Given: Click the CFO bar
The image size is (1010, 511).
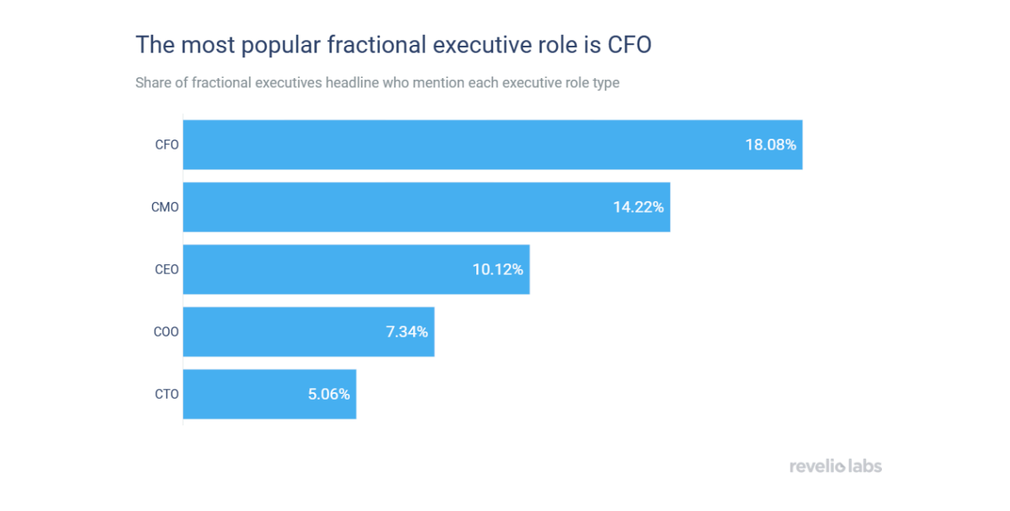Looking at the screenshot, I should click(492, 145).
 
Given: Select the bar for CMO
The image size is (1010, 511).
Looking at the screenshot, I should click(426, 207).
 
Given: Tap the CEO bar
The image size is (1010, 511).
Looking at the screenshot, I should click(356, 269).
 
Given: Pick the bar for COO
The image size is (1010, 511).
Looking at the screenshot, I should click(308, 332).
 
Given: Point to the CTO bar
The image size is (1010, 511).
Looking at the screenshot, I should click(269, 394).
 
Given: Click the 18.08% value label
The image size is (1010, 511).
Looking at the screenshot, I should click(770, 145).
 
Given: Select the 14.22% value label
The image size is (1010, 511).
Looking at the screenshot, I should click(638, 207).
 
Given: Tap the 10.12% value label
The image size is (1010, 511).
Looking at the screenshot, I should click(498, 269).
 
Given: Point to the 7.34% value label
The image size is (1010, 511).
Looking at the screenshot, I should click(406, 332).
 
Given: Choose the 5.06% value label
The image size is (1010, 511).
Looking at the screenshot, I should click(329, 394).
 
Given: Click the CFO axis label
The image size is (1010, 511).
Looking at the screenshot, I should click(166, 145).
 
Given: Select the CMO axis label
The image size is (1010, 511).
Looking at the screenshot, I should click(165, 207).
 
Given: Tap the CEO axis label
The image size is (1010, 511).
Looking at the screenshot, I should click(166, 269).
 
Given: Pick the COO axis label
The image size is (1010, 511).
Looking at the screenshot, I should click(166, 332).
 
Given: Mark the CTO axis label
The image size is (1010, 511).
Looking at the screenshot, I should click(166, 394).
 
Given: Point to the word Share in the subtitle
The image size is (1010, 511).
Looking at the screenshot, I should click(153, 83).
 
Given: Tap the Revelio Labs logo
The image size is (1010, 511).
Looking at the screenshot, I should click(835, 466).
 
